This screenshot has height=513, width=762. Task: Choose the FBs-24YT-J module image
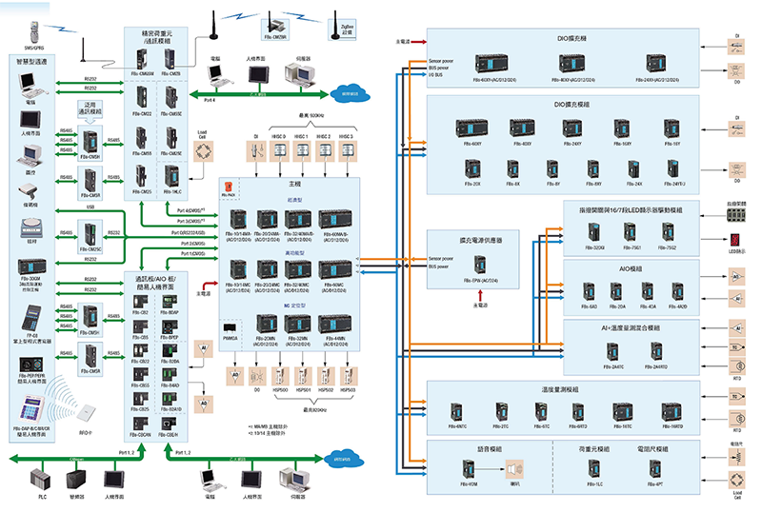pyautogui.click(x=677, y=168)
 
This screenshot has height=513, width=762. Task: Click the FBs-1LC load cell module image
pyautogui.click(x=574, y=469)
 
